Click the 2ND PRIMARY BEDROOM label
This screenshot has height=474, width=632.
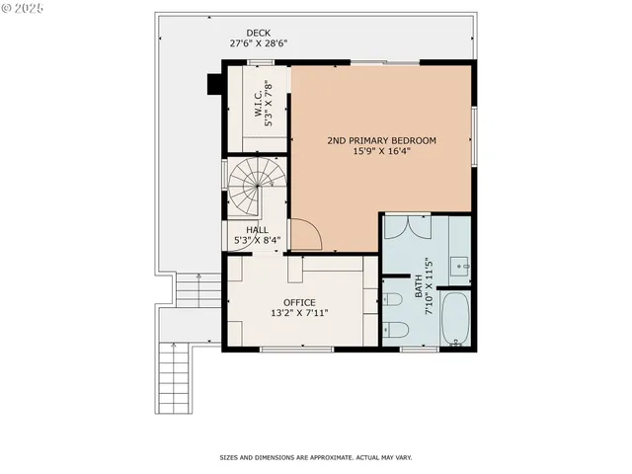(381, 140)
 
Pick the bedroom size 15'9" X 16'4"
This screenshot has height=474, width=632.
(381, 151)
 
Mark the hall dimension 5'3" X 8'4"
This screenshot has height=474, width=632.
(257, 240)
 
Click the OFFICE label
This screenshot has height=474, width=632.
(299, 302)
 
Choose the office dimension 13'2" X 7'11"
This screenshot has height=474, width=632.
(299, 313)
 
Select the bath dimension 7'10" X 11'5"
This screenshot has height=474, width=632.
(430, 286)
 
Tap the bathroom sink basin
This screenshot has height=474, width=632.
(462, 265)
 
